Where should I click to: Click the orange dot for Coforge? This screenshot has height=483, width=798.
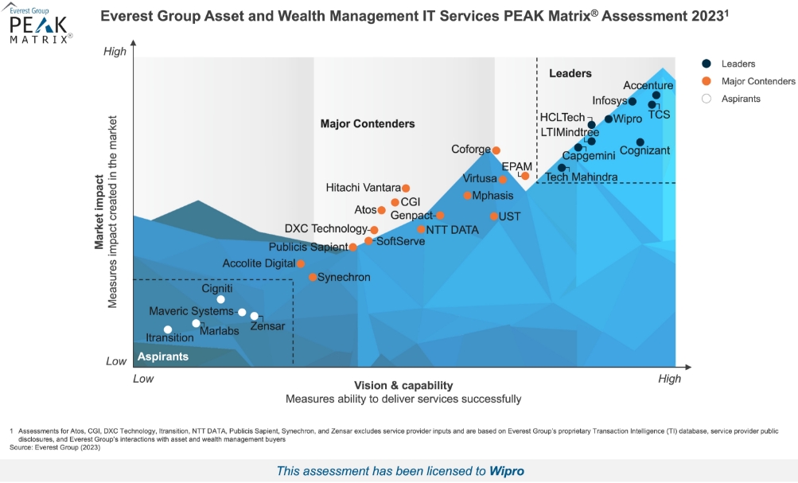496,150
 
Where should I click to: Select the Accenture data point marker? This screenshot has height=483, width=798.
656,95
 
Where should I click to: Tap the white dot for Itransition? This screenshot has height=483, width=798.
168,329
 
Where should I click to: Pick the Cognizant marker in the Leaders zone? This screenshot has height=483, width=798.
640,142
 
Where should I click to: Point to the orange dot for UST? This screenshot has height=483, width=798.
494,216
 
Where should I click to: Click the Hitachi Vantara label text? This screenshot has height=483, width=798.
364,188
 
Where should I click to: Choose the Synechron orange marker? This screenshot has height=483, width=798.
313,277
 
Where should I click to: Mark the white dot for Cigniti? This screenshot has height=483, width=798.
221,299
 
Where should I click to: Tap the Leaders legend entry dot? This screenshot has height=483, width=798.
706,64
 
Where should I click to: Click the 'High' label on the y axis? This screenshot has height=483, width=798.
115,52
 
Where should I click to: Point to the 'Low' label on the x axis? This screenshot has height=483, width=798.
143,379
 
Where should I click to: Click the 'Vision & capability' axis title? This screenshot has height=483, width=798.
403,385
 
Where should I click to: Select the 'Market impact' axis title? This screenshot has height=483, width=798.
100,212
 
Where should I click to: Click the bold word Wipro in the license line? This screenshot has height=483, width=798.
507,471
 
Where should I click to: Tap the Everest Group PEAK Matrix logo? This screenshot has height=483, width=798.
40,23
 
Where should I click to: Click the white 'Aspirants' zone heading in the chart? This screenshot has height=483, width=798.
163,356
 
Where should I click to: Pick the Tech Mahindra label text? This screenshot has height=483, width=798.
582,177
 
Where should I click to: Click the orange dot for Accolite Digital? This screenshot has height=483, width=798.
301,263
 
